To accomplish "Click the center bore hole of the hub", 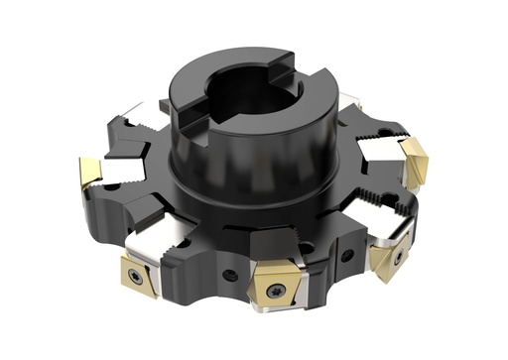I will click(x=244, y=98).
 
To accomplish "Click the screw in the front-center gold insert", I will click(x=273, y=290).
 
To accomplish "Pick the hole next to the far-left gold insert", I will click(x=111, y=185).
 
